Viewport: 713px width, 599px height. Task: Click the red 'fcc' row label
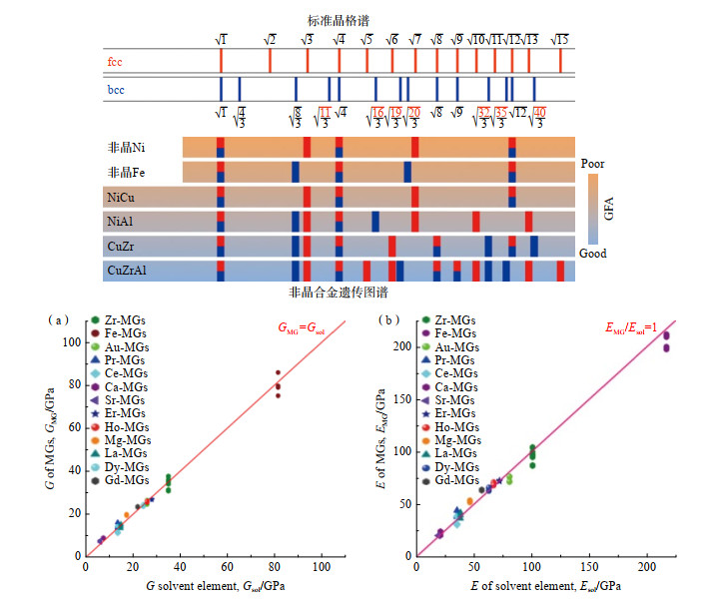point(117,61)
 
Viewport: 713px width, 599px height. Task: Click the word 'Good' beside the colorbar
point(593,255)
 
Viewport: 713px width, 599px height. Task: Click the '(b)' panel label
point(395,320)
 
